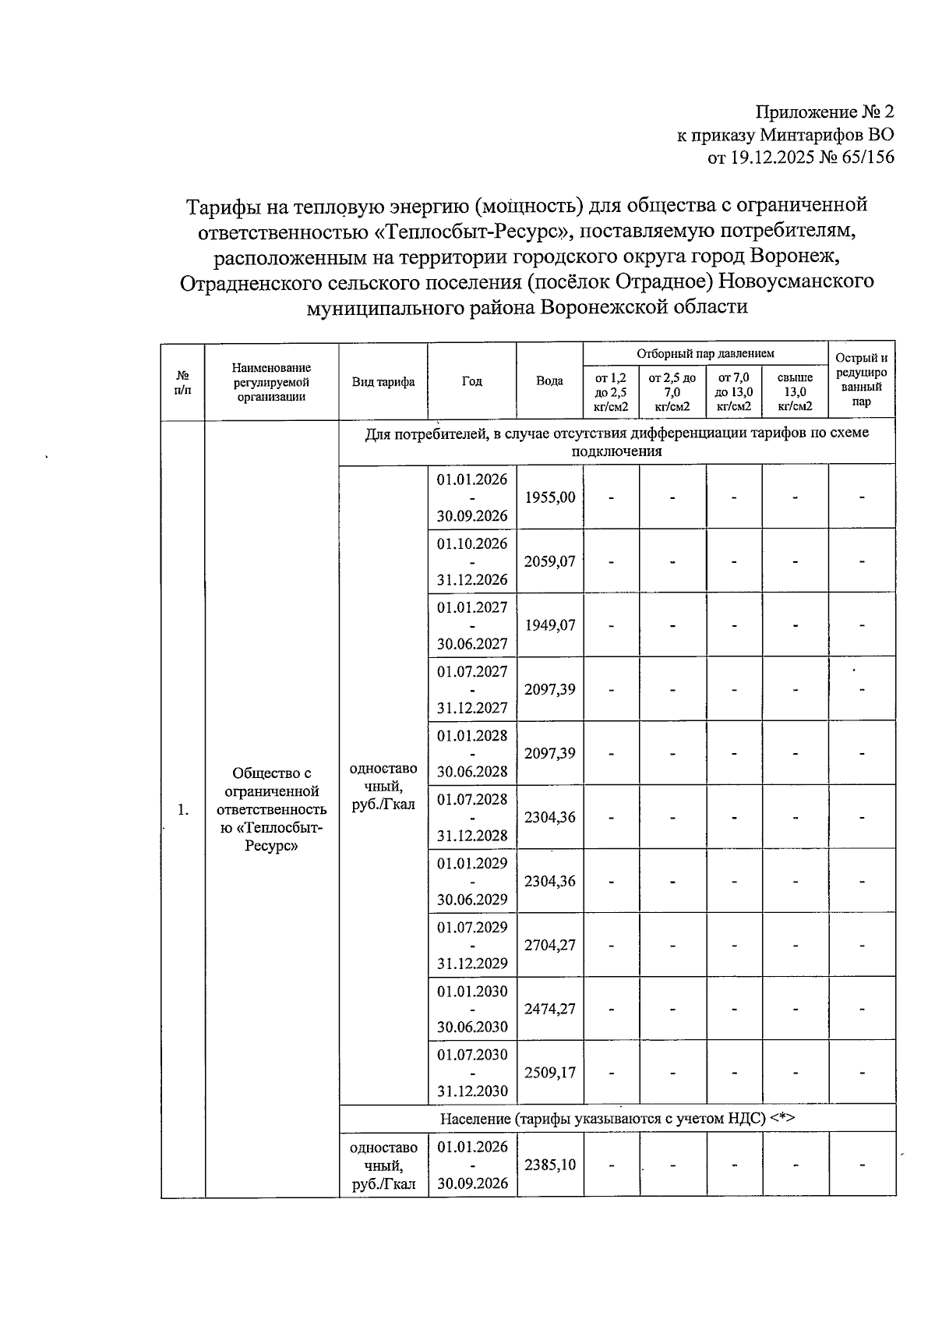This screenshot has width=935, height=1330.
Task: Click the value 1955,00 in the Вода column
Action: point(550,497)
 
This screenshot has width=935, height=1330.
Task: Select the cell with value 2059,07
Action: point(550,561)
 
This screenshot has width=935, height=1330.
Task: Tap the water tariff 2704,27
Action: point(550,945)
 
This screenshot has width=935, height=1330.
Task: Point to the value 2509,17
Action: point(550,1072)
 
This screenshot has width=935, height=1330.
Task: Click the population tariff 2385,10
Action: point(550,1165)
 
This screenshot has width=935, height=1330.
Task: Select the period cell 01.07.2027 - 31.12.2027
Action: point(472,689)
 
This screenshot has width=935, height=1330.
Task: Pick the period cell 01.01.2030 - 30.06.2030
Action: point(472,1009)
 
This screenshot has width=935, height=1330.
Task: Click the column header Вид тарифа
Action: point(383,381)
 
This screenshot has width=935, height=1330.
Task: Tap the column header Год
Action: point(472,381)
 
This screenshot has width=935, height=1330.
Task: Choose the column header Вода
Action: point(550,381)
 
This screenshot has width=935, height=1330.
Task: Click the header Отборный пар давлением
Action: point(705,353)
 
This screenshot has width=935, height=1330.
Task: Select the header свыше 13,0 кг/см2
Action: point(795,392)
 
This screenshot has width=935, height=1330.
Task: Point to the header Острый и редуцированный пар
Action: point(862,380)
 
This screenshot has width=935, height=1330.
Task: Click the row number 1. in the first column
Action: point(182,810)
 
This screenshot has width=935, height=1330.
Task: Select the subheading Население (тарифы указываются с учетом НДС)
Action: point(617,1119)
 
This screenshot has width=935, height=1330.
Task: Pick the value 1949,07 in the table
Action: point(550,625)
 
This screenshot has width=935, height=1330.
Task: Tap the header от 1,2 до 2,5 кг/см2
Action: point(612,392)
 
